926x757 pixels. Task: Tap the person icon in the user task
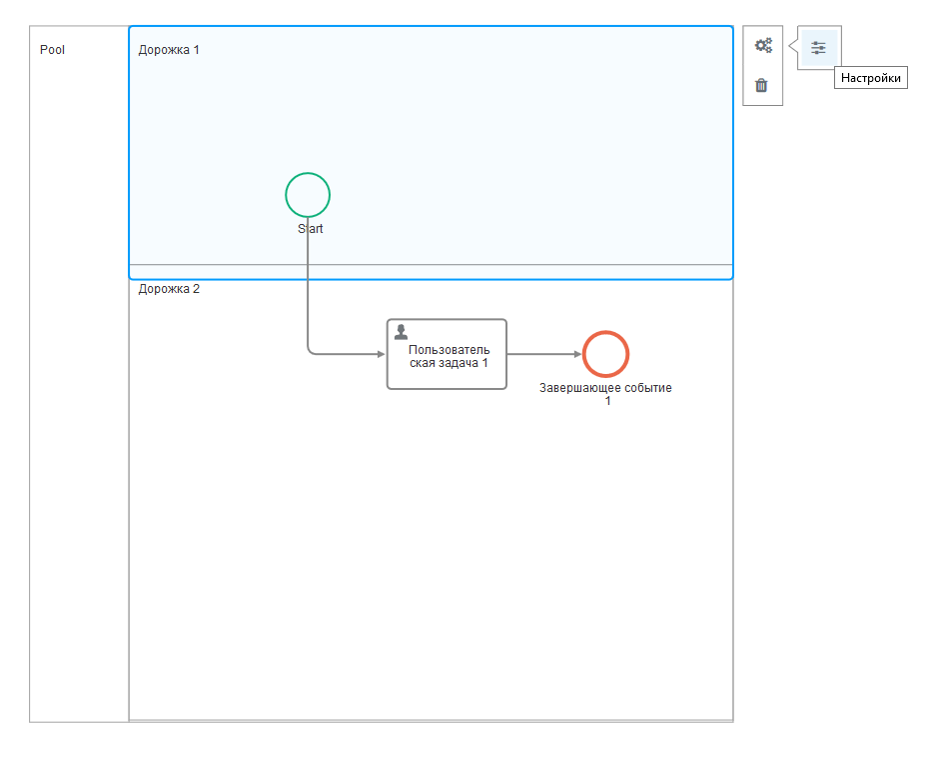[401, 332]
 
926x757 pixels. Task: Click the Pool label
[53, 50]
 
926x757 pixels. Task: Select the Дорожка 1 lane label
[169, 50]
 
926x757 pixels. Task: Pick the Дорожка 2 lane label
[169, 289]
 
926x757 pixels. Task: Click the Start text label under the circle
[310, 229]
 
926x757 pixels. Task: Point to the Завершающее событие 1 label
[606, 394]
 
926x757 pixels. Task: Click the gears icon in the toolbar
[763, 46]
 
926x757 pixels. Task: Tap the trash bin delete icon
[762, 85]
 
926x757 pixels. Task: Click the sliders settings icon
[818, 48]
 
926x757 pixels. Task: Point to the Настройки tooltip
[871, 77]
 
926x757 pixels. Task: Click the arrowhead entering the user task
[382, 354]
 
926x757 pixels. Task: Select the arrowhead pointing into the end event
[578, 354]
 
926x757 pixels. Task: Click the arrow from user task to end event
[544, 354]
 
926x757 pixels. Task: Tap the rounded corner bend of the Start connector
[310, 352]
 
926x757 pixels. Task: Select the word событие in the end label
[648, 388]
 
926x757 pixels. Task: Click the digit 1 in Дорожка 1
[196, 50]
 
